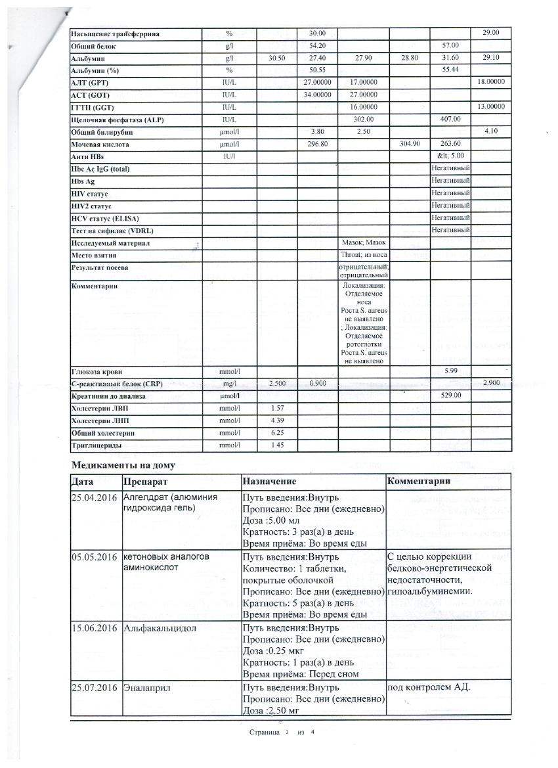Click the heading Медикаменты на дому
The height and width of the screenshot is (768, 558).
coord(123,464)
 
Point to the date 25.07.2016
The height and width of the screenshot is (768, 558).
coord(96,687)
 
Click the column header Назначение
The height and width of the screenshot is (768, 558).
coord(269,481)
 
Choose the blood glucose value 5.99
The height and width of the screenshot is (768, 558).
coord(450,371)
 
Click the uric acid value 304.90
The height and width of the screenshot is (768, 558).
coord(409,144)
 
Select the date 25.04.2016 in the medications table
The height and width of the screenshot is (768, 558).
coord(96,497)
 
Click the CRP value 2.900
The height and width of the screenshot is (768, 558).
coord(491,382)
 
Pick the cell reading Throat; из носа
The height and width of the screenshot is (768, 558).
coord(364,254)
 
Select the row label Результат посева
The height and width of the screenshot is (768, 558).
coord(100,267)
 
